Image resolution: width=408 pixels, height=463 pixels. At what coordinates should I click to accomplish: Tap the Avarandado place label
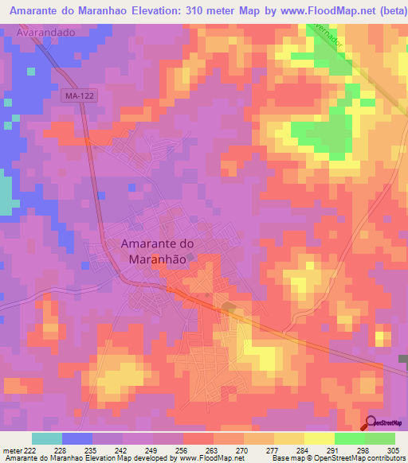tap(45, 33)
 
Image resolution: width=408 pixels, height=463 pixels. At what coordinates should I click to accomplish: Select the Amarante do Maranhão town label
tap(156, 252)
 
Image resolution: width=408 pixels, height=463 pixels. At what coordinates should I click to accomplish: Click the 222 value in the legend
tap(30, 449)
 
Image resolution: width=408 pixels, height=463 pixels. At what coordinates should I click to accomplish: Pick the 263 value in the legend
tap(212, 449)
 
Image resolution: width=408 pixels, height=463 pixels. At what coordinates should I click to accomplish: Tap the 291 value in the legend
tap(333, 449)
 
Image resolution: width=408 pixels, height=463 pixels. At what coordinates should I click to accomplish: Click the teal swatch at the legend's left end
tap(46, 438)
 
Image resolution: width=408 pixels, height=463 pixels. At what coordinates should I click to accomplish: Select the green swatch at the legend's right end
tap(379, 438)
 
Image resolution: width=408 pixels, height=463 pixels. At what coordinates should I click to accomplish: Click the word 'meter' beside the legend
tap(11, 449)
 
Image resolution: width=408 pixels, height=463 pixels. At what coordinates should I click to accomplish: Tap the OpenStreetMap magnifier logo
tap(371, 423)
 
